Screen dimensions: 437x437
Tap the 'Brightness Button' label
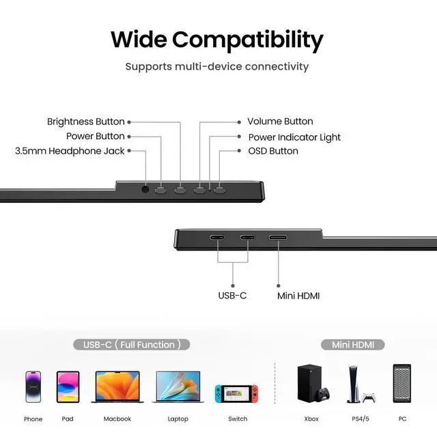point(86,122)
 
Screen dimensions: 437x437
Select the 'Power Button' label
point(96,136)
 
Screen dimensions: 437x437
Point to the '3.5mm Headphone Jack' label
point(70,151)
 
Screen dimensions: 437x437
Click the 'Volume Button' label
point(280,122)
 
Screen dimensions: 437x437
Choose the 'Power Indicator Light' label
point(294,137)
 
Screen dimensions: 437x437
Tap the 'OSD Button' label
point(273,151)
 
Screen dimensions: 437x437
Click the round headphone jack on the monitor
point(145,188)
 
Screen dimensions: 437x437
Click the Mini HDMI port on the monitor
point(278,238)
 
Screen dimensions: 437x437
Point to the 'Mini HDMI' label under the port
point(298,296)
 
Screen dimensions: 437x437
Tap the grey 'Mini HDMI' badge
point(352,345)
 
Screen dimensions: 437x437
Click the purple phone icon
point(33,386)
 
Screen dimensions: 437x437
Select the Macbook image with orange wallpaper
point(116,387)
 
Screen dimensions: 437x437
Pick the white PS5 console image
point(358,384)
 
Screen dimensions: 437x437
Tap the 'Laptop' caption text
point(178,419)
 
